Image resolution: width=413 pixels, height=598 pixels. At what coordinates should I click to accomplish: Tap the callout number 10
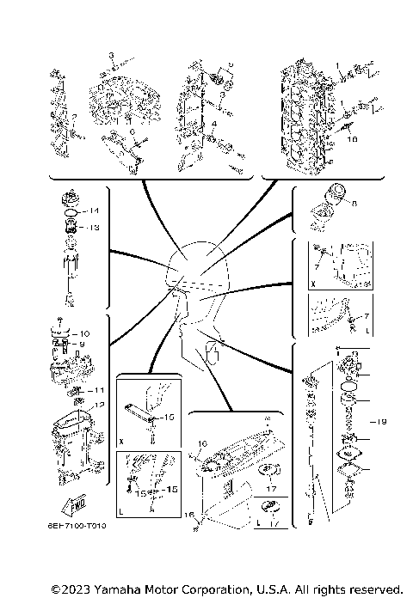pos(84,333)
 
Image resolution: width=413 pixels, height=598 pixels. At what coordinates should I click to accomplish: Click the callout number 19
pos(384,421)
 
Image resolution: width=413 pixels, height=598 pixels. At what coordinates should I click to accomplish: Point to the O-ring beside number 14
pos(72,211)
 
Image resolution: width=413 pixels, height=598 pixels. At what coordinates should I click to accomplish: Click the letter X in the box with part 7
pos(313,280)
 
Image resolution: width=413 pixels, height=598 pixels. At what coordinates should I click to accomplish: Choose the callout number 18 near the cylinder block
pos(351,137)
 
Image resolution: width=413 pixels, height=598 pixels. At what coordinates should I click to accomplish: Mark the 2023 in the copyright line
pos(77,589)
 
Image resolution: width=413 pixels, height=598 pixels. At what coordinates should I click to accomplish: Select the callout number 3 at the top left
pos(111,54)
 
